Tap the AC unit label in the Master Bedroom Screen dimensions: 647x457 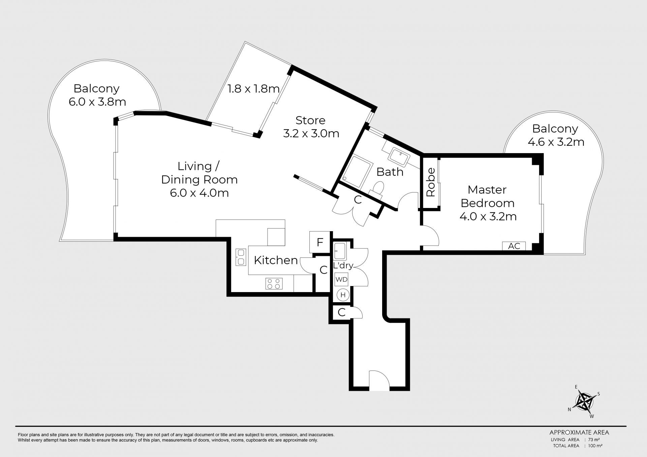(x=514, y=246)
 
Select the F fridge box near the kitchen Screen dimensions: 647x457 (x=320, y=242)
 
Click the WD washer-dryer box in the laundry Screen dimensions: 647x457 (x=341, y=280)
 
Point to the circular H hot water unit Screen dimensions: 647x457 (x=343, y=295)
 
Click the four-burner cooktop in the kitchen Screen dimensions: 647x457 (x=274, y=283)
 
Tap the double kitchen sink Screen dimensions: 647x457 (x=241, y=257)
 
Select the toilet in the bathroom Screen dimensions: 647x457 (x=377, y=189)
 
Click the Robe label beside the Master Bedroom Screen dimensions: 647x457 (x=431, y=182)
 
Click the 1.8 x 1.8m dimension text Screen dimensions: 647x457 (x=253, y=89)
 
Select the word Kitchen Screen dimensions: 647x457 (x=276, y=260)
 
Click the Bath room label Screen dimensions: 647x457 (x=390, y=172)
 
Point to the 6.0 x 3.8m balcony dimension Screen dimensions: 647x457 (x=97, y=102)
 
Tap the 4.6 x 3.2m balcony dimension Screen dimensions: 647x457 (x=556, y=142)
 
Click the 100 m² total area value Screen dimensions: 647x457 (x=595, y=446)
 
